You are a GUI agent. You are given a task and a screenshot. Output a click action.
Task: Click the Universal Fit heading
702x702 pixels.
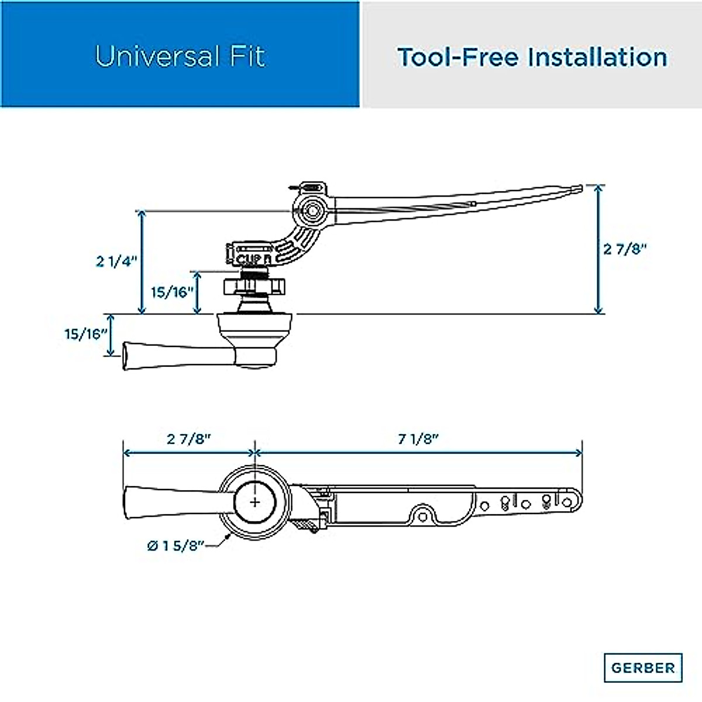(x=180, y=57)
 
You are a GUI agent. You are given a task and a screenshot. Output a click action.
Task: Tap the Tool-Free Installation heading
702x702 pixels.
(x=532, y=57)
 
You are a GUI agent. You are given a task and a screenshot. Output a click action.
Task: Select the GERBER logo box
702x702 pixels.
(x=643, y=667)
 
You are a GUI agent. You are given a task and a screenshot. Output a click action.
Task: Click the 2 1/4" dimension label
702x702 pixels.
(x=116, y=261)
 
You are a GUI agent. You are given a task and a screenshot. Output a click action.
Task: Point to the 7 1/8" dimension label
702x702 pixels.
(x=418, y=439)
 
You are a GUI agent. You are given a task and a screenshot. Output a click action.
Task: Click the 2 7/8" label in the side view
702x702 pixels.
(x=625, y=249)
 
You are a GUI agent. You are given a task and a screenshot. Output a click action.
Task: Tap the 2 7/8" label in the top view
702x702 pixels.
(x=189, y=439)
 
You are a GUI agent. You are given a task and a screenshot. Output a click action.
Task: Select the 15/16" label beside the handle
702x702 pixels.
(x=87, y=334)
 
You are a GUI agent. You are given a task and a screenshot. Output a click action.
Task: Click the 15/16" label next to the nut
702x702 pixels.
(x=173, y=292)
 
